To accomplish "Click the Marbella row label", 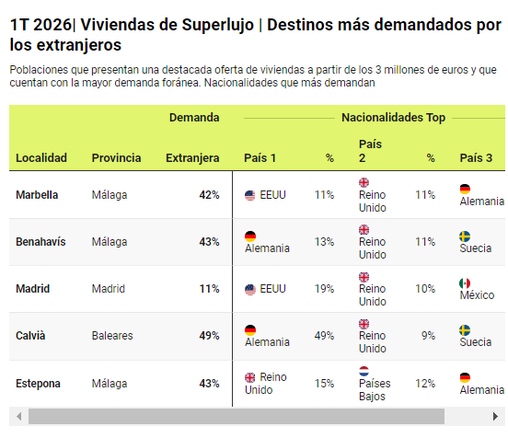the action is [x=37, y=195].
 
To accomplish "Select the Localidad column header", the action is [x=41, y=157].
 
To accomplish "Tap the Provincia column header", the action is [x=116, y=157].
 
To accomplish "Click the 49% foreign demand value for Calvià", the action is [x=209, y=335].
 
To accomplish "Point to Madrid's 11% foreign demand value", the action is [x=209, y=288].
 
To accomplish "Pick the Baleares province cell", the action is [x=112, y=335].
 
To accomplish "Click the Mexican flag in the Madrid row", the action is [x=465, y=282].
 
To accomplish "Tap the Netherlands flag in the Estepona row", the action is [x=364, y=371].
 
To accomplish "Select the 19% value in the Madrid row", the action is [x=324, y=288].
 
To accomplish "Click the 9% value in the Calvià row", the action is [x=428, y=335].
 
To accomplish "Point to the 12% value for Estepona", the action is [x=425, y=383].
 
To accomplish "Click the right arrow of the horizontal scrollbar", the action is [x=495, y=416].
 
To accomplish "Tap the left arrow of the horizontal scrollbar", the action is [x=19, y=416].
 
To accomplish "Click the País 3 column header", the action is [x=476, y=157].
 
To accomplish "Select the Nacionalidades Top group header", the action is [x=393, y=117].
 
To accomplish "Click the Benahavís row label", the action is [x=40, y=242].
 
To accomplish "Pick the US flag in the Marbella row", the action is [x=249, y=195].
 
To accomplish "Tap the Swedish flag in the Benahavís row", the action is [x=465, y=236].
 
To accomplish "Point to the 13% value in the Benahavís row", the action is [x=324, y=242].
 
